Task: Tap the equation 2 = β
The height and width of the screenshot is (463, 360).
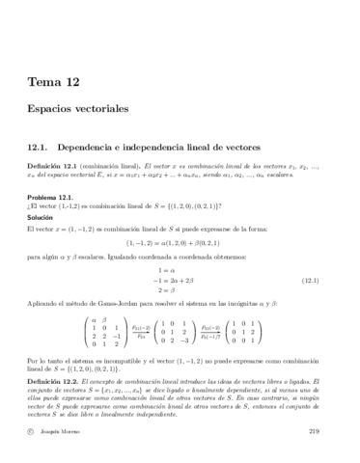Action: (178, 290)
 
